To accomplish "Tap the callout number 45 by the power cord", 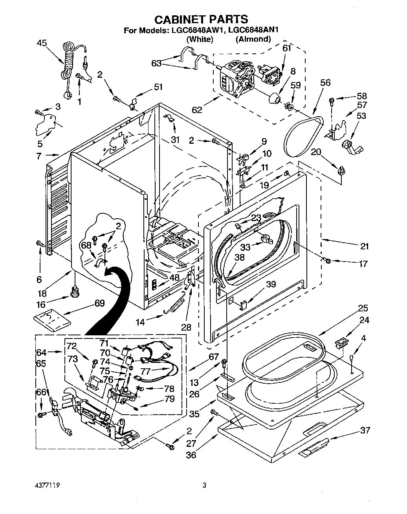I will tap(42, 43).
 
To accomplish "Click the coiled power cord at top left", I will tap(69, 63).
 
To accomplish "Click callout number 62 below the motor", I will tap(197, 110).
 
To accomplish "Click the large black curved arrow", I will tap(110, 298).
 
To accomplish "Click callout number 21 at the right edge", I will tap(364, 246).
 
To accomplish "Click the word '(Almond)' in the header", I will tap(253, 39).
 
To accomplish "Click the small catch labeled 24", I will tap(341, 343).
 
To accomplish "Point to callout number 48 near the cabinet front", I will tap(174, 277).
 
